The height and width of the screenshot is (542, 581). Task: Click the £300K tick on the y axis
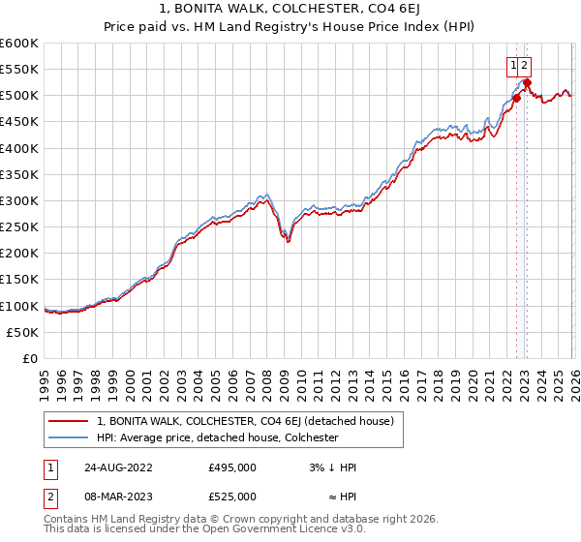pyautogui.click(x=19, y=200)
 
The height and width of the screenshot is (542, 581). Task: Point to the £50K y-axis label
pyautogui.click(x=22, y=332)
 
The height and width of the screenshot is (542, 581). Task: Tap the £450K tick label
pyautogui.click(x=19, y=122)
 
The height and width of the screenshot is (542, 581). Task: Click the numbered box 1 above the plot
pyautogui.click(x=512, y=66)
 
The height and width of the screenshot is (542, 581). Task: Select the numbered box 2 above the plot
pyautogui.click(x=524, y=66)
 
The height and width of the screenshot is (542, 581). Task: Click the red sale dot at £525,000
pyautogui.click(x=526, y=82)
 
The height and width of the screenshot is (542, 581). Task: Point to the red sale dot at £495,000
pyautogui.click(x=516, y=98)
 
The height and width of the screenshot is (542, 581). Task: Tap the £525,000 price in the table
pyautogui.click(x=232, y=497)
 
